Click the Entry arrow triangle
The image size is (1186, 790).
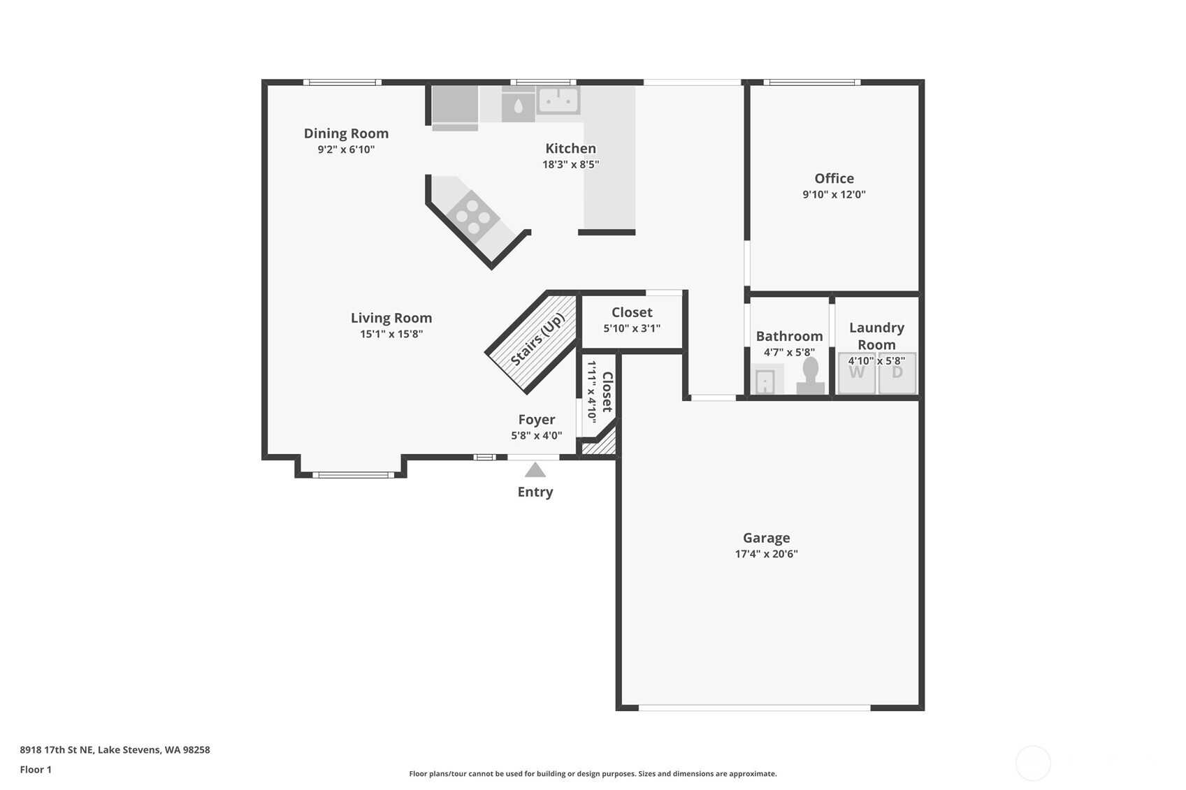pyautogui.click(x=535, y=470)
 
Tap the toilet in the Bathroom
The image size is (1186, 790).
pyautogui.click(x=811, y=376)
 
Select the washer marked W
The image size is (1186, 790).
pyautogui.click(x=857, y=373)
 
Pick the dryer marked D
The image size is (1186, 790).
pyautogui.click(x=897, y=373)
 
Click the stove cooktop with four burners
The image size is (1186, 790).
pyautogui.click(x=473, y=216)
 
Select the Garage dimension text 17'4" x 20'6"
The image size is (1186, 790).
pyautogui.click(x=766, y=554)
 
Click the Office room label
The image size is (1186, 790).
pyautogui.click(x=834, y=178)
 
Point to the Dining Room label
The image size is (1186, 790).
pyautogui.click(x=346, y=133)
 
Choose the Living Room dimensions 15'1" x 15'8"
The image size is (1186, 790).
pyautogui.click(x=391, y=334)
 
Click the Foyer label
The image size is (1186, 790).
pyautogui.click(x=536, y=420)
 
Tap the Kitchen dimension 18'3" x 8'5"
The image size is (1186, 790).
pyautogui.click(x=571, y=164)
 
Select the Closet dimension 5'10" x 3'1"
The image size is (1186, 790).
pyautogui.click(x=632, y=328)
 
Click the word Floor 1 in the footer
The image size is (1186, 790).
pyautogui.click(x=36, y=770)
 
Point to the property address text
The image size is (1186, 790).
pyautogui.click(x=115, y=749)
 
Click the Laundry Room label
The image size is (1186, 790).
pyautogui.click(x=877, y=336)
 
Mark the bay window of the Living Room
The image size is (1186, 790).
pyautogui.click(x=353, y=475)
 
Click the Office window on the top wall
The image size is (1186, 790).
pyautogui.click(x=812, y=82)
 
